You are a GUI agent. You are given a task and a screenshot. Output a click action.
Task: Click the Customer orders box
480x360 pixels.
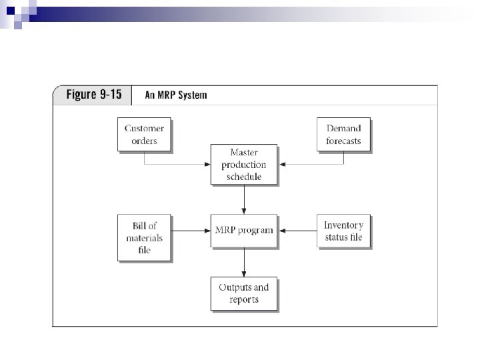tap(143, 134)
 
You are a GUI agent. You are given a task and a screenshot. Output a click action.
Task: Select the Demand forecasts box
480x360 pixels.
tap(343, 134)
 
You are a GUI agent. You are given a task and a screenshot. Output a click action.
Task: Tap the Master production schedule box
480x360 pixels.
tap(243, 164)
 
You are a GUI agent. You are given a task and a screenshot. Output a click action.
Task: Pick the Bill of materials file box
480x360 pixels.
tap(143, 237)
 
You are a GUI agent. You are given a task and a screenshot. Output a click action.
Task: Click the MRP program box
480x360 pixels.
tap(243, 230)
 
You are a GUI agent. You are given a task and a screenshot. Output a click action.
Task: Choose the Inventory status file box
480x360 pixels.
tap(343, 231)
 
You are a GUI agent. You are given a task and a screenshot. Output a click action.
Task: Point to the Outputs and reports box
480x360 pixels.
tap(243, 293)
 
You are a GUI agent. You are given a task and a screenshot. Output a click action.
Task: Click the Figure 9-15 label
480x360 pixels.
tap(93, 94)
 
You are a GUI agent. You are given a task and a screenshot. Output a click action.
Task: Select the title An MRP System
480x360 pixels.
tap(176, 95)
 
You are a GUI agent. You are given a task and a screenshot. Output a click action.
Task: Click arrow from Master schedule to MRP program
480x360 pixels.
tap(244, 199)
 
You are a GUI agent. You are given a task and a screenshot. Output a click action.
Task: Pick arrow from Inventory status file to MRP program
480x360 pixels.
tap(298, 231)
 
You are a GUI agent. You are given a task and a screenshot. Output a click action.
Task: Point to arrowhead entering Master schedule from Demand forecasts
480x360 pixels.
tap(281, 164)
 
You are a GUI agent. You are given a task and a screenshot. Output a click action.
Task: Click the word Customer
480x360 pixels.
tap(143, 128)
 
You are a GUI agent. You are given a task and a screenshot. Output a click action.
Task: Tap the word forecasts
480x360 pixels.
tap(343, 140)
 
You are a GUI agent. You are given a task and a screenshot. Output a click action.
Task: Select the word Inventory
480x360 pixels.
tap(343, 225)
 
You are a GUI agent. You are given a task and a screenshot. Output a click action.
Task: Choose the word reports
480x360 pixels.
tap(243, 299)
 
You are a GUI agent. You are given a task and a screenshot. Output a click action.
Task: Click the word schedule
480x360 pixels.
tap(243, 176)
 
